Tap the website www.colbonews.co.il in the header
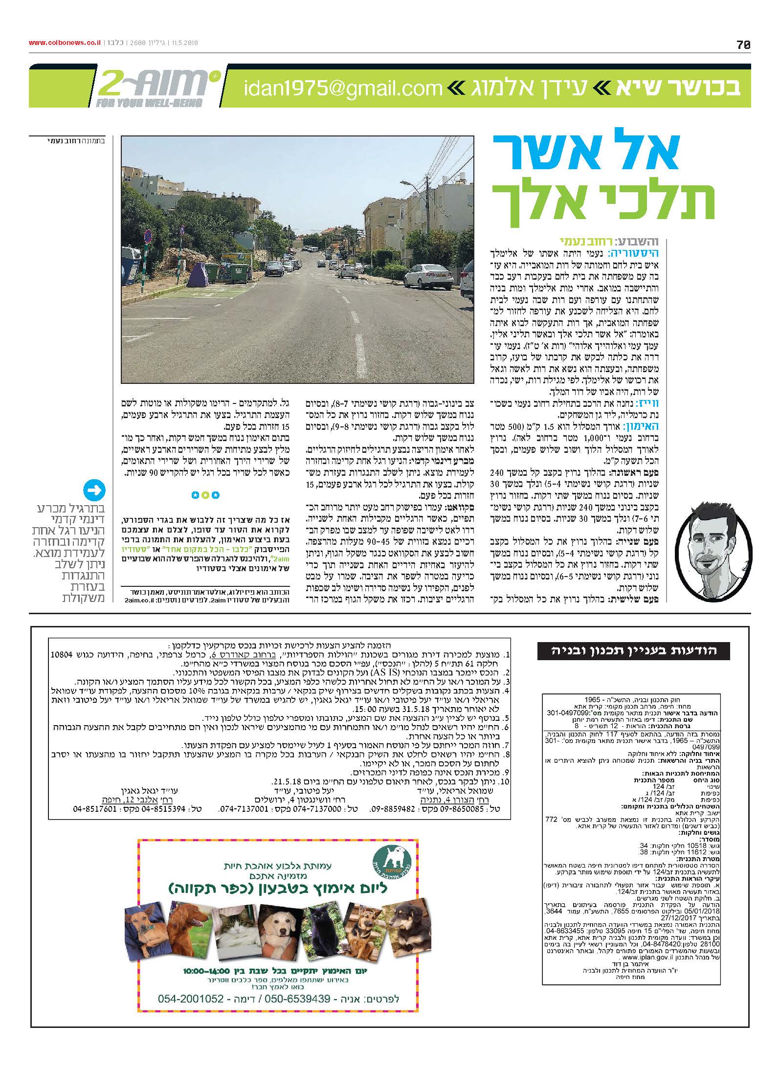tap(65, 43)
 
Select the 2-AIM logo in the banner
tap(156, 87)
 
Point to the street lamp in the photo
tap(406, 184)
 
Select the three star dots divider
tap(205, 495)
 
